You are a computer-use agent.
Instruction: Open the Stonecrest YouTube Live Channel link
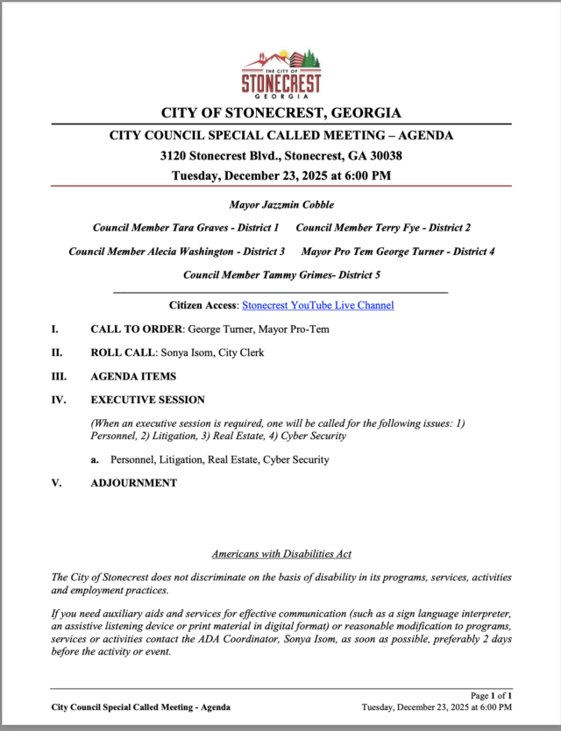pyautogui.click(x=317, y=306)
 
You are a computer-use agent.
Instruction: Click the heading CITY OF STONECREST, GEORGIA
pyautogui.click(x=281, y=113)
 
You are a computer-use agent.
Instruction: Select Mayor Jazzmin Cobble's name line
pyautogui.click(x=281, y=204)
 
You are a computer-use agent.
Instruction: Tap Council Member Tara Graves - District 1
pyautogui.click(x=186, y=228)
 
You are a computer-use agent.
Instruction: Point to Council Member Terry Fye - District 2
pyautogui.click(x=383, y=228)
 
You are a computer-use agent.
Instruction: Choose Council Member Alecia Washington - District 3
pyautogui.click(x=177, y=252)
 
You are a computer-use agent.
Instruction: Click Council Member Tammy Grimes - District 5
pyautogui.click(x=281, y=275)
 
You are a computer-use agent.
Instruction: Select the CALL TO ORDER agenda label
pyautogui.click(x=136, y=330)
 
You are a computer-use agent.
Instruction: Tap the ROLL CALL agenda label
pyautogui.click(x=123, y=353)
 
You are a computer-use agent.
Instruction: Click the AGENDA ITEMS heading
pyautogui.click(x=133, y=377)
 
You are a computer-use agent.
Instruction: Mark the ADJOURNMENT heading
pyautogui.click(x=133, y=483)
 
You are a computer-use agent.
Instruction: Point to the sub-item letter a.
pyautogui.click(x=94, y=459)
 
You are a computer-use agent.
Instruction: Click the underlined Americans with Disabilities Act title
pyautogui.click(x=281, y=554)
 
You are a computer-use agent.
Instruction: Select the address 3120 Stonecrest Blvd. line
pyautogui.click(x=281, y=156)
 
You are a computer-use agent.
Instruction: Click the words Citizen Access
pyautogui.click(x=202, y=306)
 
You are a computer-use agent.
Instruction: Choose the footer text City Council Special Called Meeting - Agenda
pyautogui.click(x=141, y=706)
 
